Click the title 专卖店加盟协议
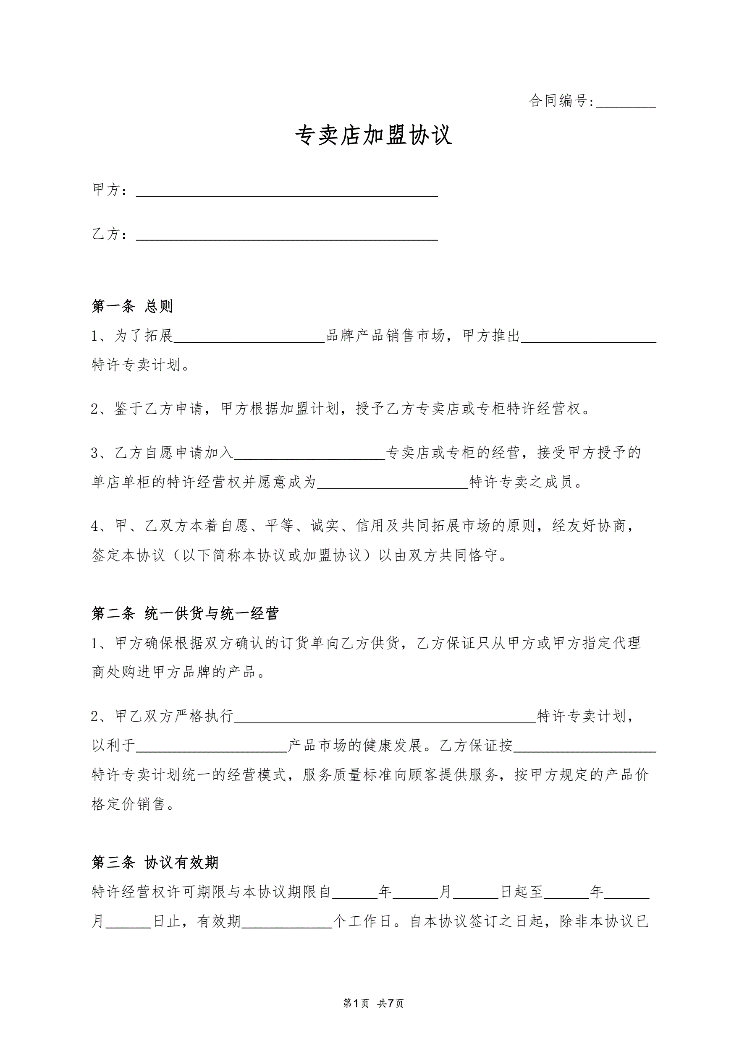coord(373,136)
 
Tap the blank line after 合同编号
coord(626,102)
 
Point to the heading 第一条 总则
coord(132,306)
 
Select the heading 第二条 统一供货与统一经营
coord(185,613)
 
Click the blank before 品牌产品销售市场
coord(249,337)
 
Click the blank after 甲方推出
coord(588,337)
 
